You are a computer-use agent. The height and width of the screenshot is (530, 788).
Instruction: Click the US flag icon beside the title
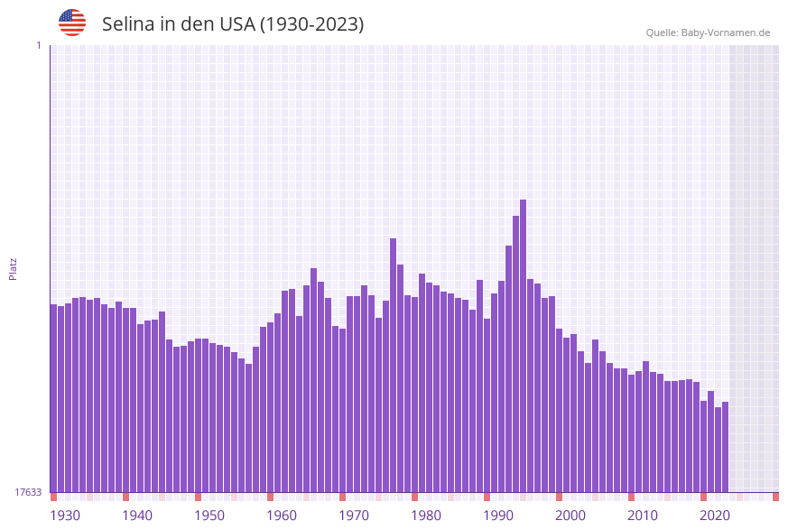tap(72, 23)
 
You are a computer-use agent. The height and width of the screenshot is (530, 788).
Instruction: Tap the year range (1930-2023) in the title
tap(311, 24)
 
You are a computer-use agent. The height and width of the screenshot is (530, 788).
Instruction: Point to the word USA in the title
tap(236, 24)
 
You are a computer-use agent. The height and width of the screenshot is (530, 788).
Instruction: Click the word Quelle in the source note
tap(662, 33)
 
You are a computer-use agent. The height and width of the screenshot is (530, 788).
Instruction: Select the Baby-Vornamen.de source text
tap(727, 33)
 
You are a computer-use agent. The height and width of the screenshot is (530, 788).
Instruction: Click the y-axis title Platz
tap(14, 268)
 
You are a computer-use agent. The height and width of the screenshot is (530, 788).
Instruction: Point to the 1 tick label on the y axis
tap(38, 45)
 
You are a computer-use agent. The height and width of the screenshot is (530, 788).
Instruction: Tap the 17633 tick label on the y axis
tap(28, 492)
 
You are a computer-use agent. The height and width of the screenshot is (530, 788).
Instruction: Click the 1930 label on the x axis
tap(65, 516)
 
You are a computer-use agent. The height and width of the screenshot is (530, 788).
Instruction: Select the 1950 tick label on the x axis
tap(209, 516)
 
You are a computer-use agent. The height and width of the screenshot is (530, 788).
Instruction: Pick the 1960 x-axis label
tap(282, 516)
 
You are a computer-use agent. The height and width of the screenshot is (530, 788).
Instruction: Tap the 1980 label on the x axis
tap(426, 516)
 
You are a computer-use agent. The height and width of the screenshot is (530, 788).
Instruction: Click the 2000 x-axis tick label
tap(570, 516)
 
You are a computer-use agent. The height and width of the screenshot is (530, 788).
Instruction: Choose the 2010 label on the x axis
tap(643, 516)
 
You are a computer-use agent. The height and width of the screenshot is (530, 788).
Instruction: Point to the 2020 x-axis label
tap(715, 516)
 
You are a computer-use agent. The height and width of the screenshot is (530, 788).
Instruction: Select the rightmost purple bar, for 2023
tap(725, 447)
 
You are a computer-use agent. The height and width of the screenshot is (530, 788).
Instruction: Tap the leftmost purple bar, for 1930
tap(53, 398)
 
